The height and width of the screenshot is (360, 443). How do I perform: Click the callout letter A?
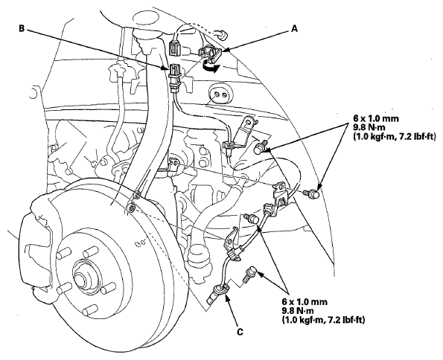[x=294, y=29]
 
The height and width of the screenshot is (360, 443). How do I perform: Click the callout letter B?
[x=22, y=28]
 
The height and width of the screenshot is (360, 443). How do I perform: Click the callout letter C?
[x=240, y=332]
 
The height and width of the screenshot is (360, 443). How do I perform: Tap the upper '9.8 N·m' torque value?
[x=369, y=127]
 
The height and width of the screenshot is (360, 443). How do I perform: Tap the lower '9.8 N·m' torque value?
[x=298, y=311]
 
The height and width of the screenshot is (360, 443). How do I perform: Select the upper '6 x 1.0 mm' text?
[x=376, y=118]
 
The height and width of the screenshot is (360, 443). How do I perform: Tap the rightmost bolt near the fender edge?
[x=312, y=194]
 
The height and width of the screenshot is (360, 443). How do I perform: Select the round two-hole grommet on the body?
[x=220, y=94]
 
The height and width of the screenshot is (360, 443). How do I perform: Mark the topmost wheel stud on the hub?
[x=90, y=253]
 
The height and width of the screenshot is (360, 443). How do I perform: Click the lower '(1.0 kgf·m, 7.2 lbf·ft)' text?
[x=323, y=320]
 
